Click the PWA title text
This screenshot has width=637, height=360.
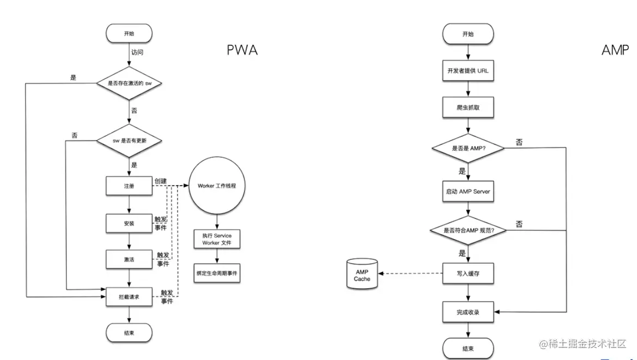[242, 51]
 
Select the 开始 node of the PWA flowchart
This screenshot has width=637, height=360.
[129, 34]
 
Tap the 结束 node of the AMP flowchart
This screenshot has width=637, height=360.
[468, 348]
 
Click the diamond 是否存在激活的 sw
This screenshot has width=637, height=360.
[129, 84]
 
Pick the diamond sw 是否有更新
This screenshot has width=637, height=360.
[129, 141]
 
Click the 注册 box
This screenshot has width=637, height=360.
[128, 186]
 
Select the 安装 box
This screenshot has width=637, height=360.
[128, 223]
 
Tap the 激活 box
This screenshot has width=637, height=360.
[128, 259]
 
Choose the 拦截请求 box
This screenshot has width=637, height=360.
[128, 296]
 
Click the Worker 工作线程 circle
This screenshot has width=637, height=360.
[217, 186]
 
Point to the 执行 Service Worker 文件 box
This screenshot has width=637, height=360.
[217, 239]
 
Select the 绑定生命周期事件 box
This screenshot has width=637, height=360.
[217, 273]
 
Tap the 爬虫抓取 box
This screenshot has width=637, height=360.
[468, 108]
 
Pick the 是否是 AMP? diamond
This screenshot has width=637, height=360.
[468, 148]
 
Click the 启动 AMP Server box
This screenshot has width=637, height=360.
[468, 192]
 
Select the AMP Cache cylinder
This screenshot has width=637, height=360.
[362, 274]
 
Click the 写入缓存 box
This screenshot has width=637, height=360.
[468, 274]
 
